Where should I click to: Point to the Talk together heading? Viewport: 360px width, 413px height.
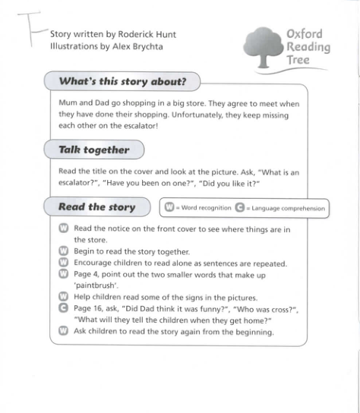coord(94,150)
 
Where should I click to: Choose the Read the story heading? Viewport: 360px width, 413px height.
coord(96,206)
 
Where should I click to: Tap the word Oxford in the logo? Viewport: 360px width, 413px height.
coord(304,34)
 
